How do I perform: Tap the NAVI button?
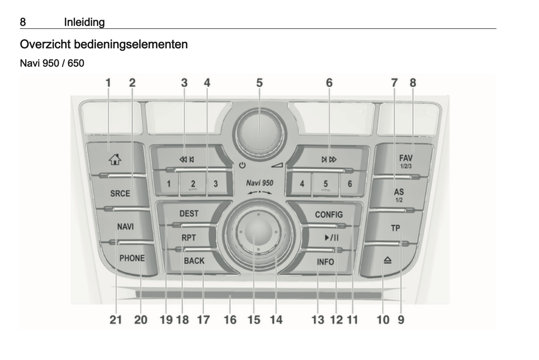(x=125, y=226)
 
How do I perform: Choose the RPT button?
(x=188, y=238)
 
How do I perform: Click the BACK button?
(x=194, y=260)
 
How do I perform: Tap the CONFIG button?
(x=329, y=214)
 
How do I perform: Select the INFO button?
(x=325, y=262)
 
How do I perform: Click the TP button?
(x=395, y=227)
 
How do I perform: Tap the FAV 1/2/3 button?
(x=406, y=161)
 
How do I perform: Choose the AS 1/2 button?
(x=398, y=195)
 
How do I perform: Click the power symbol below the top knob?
(x=242, y=165)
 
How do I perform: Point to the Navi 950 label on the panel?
(x=259, y=183)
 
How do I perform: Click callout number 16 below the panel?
(x=230, y=320)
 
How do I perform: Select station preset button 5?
(x=325, y=184)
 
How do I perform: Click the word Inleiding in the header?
(x=84, y=22)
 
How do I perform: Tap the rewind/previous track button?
(x=187, y=159)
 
